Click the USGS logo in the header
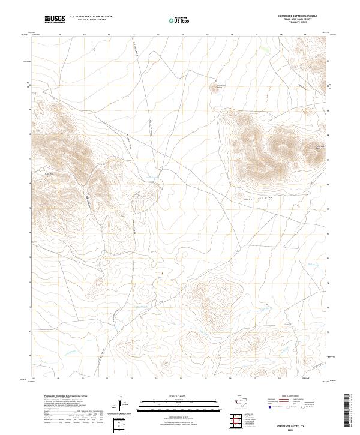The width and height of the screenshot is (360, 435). [55, 19]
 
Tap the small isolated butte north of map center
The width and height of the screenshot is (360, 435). [214, 89]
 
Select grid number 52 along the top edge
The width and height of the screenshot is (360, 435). [133, 35]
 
